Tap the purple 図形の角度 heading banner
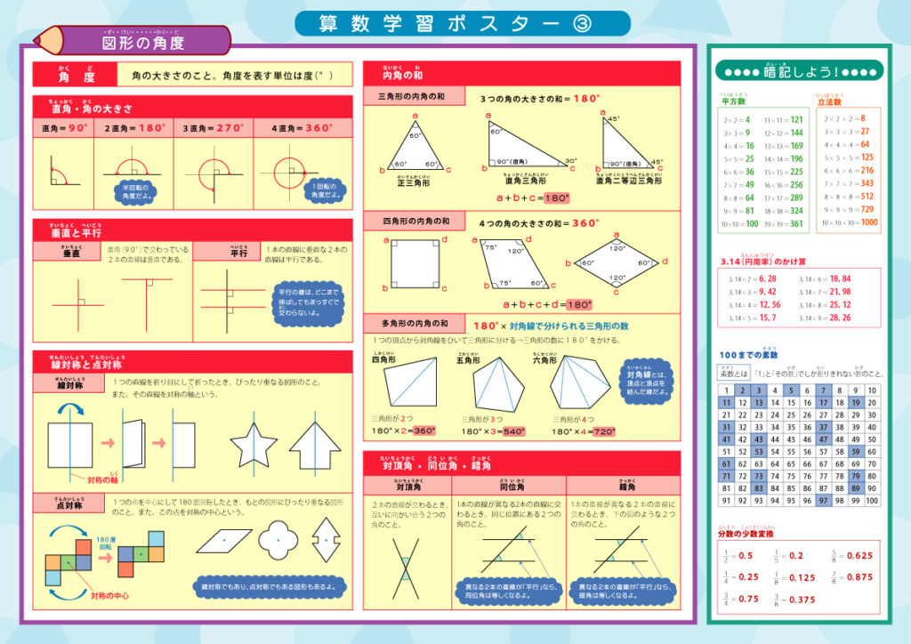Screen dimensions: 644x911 [x=142, y=41]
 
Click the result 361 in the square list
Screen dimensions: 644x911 [x=796, y=224]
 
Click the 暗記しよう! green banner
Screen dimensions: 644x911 [x=797, y=71]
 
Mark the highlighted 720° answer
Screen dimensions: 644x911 [x=604, y=431]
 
